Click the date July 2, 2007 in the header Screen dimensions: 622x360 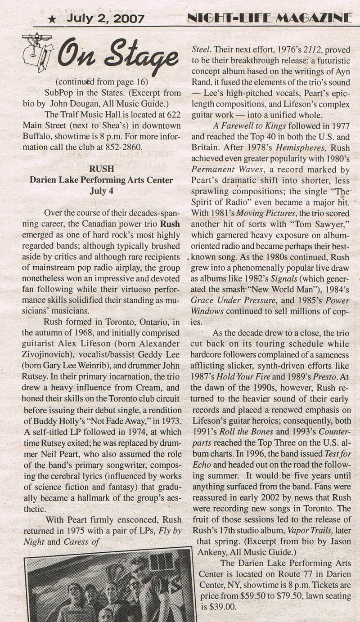[x=105, y=19]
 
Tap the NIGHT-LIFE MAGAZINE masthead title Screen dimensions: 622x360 [x=269, y=18]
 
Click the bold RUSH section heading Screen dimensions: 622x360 [x=101, y=170]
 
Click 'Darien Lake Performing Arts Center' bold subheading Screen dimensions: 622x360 [x=101, y=180]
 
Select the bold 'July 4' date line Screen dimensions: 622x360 [x=101, y=190]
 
